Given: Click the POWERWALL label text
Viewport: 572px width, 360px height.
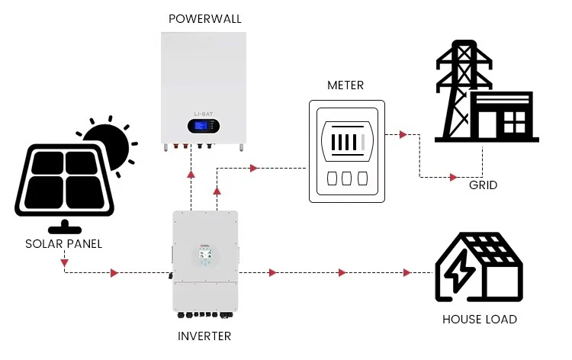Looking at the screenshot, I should tap(205, 19).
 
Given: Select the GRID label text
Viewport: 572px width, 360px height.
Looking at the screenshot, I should tap(484, 185).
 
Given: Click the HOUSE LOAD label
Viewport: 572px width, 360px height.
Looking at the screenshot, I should tap(479, 320).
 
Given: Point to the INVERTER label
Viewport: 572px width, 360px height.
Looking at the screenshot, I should tap(204, 336).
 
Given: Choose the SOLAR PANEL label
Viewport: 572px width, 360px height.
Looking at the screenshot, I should tap(63, 244).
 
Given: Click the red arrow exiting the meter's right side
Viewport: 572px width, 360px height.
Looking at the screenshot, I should tap(402, 135).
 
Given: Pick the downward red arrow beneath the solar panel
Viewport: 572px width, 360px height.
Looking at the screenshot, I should tap(63, 261).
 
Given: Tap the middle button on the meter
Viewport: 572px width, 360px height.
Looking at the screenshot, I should tap(345, 178).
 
